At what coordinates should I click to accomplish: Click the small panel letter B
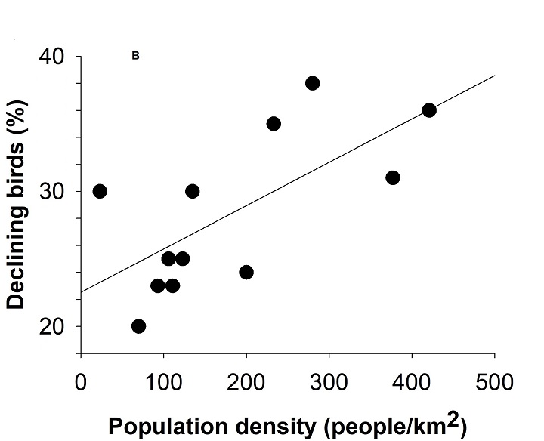(136, 56)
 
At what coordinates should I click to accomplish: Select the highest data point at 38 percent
(312, 83)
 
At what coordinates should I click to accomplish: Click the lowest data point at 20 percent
(138, 326)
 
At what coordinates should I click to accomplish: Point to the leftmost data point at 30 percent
(100, 191)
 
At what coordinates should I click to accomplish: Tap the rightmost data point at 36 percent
(429, 110)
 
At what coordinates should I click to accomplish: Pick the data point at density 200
(246, 272)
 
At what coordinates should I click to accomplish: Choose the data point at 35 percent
(274, 124)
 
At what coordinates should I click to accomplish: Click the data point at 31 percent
(392, 177)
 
